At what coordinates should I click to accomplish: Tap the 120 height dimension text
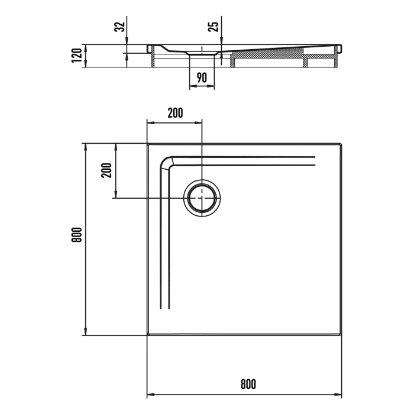coord(76,56)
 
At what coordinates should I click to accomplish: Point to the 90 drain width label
coord(202,77)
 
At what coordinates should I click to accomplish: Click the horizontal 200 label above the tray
coord(174,112)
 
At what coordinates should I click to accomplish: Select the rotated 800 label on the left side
coord(75,238)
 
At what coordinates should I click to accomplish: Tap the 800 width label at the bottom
coord(248,384)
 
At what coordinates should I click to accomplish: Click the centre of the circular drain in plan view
coord(202,198)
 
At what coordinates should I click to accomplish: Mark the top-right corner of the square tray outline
coord(342,143)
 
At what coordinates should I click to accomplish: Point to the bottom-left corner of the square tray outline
coord(147,335)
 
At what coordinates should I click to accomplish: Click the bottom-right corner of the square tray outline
coord(342,335)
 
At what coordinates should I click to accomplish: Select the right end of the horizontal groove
coord(315,158)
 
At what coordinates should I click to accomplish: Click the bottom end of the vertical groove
coord(165,309)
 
